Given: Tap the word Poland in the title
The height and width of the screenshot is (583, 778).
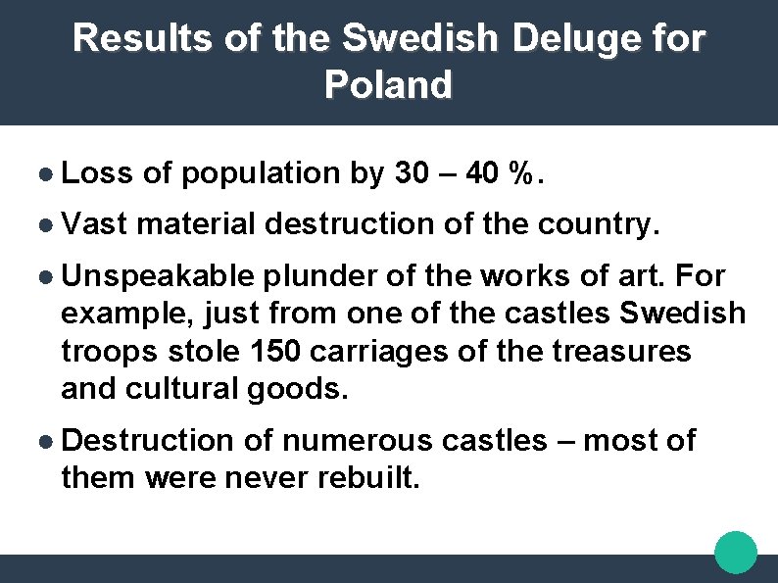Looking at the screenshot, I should point(388,85).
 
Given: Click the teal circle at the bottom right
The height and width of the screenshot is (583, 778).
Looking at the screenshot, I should point(736,552).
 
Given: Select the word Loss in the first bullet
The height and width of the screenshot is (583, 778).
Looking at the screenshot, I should point(97,173).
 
